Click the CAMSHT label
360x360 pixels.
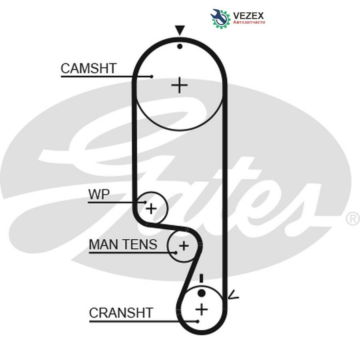88,68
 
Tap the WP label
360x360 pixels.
99,194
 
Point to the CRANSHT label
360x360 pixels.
121,312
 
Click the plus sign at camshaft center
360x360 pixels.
179,85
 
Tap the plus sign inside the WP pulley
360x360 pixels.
151,209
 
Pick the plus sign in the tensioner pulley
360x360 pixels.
184,246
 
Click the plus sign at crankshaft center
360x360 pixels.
202,309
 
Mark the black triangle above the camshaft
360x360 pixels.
180,30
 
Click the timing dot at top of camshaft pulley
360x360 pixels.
180,46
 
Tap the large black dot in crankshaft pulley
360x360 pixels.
201,293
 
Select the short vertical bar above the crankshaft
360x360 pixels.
201,278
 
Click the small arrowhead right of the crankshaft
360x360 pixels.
233,295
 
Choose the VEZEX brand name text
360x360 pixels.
248,16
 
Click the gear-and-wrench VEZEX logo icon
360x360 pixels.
220,18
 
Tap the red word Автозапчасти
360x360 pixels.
249,22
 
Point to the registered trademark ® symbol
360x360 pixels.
353,218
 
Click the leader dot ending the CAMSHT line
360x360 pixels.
152,76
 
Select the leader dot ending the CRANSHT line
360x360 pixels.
198,321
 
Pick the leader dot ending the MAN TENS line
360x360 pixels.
176,252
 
